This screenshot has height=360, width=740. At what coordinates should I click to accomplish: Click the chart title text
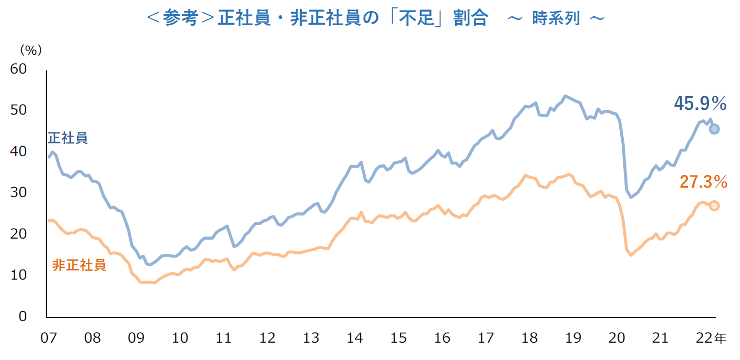pyautogui.click(x=375, y=18)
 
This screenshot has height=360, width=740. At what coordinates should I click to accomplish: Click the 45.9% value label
pyautogui.click(x=700, y=104)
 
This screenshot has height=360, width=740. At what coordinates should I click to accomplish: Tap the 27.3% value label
pyautogui.click(x=703, y=182)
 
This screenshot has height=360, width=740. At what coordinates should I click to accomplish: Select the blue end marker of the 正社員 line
pyautogui.click(x=714, y=129)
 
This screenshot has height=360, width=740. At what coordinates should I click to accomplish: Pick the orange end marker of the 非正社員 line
pyautogui.click(x=714, y=205)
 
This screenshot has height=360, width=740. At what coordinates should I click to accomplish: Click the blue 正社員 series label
pyautogui.click(x=68, y=138)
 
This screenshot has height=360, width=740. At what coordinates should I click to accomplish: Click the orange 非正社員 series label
pyautogui.click(x=79, y=265)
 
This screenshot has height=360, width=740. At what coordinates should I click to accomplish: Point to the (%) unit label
pyautogui.click(x=30, y=50)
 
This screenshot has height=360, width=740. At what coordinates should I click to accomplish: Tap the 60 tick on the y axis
pyautogui.click(x=19, y=69)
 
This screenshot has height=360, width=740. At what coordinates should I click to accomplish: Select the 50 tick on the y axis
pyautogui.click(x=19, y=110)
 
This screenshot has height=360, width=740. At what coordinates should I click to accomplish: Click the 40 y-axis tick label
pyautogui.click(x=19, y=151)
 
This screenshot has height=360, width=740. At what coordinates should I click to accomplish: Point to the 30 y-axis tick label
pyautogui.click(x=19, y=193)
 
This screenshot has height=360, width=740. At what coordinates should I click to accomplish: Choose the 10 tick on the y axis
pyautogui.click(x=19, y=275)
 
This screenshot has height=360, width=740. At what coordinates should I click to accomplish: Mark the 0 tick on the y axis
pyautogui.click(x=23, y=316)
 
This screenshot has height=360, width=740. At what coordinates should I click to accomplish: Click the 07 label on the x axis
pyautogui.click(x=49, y=338)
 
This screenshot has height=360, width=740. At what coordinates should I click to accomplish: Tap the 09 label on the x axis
pyautogui.click(x=136, y=338)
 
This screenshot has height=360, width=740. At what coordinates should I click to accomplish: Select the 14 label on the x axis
pyautogui.click(x=355, y=338)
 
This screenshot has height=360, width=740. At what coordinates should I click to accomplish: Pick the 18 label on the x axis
pyautogui.click(x=530, y=338)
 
